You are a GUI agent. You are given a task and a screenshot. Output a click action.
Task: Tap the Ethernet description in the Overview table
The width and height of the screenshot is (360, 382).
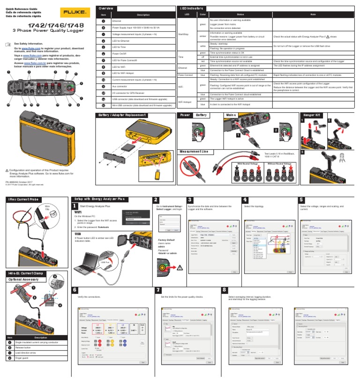tap(117, 21)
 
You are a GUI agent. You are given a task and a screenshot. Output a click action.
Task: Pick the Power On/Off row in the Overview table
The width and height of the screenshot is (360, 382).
tap(121, 54)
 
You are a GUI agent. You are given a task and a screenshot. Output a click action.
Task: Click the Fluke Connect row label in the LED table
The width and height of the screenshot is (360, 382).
tap(187, 74)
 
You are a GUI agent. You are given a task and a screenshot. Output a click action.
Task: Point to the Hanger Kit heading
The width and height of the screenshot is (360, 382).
tap(313, 115)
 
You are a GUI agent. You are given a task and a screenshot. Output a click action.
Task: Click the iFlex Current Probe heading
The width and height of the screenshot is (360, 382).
tap(23, 199)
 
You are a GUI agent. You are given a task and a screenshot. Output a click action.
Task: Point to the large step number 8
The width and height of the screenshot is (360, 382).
tap(225, 291)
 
